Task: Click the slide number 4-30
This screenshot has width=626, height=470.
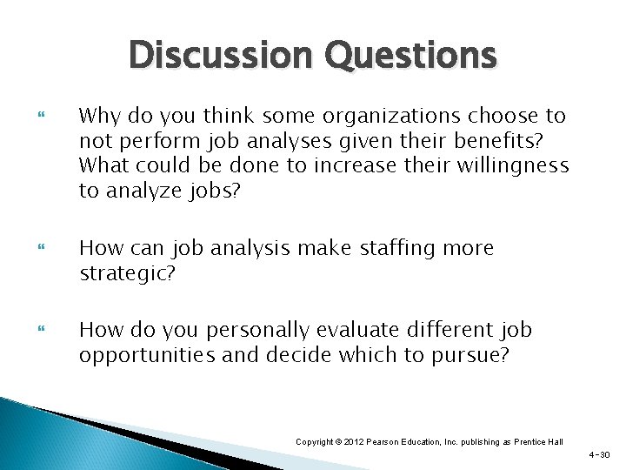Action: (600, 455)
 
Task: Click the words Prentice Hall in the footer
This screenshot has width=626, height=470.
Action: (542, 442)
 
